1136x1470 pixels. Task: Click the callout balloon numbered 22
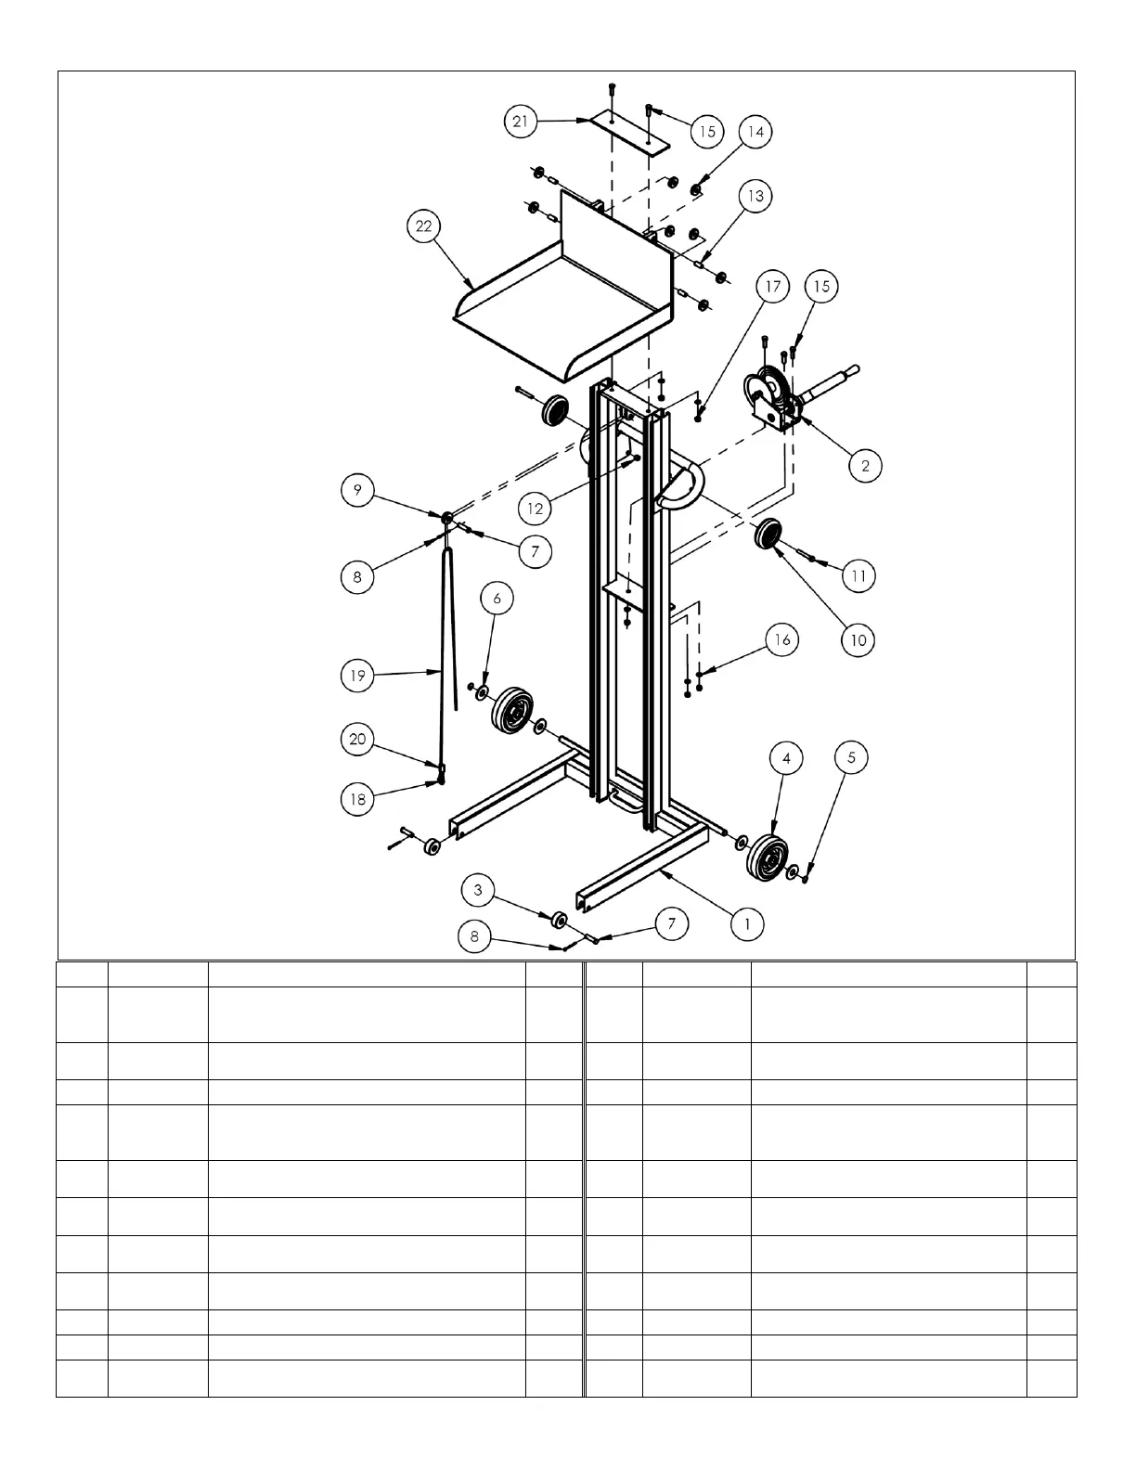(424, 226)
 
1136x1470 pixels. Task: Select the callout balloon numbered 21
(523, 122)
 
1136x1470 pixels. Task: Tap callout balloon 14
(755, 132)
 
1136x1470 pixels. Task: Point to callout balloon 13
(755, 196)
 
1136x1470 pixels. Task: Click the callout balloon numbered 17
(772, 286)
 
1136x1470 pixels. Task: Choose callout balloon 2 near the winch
(865, 465)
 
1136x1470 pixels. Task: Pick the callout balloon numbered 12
(536, 508)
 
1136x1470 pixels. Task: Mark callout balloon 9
(357, 489)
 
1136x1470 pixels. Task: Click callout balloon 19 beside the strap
(357, 676)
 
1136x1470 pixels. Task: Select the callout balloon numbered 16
(782, 639)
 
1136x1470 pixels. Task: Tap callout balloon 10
(858, 639)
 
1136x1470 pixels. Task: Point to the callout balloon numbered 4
(786, 758)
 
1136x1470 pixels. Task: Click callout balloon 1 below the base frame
(746, 923)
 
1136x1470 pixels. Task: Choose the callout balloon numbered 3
(478, 890)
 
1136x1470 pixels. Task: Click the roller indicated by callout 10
(768, 535)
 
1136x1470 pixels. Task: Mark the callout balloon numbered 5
(851, 757)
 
